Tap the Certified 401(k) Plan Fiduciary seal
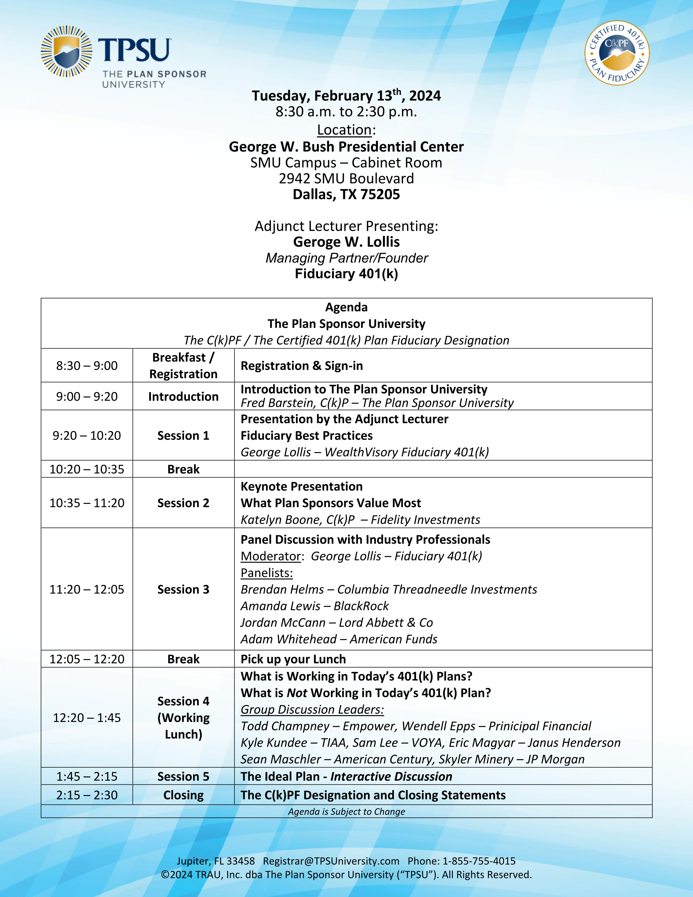pos(617,53)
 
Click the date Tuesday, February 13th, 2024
pos(346,96)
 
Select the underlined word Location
pos(344,130)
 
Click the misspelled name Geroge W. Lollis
pos(346,242)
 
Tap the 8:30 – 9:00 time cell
pos(87,366)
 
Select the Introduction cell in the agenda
pos(183,396)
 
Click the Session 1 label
pos(183,435)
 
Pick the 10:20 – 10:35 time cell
pos(87,469)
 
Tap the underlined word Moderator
pos(271,556)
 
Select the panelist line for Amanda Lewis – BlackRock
pos(314,606)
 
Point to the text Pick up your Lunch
pos(293,659)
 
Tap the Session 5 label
pos(183,777)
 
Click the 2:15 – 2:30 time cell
pos(87,795)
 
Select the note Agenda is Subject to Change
pos(346,812)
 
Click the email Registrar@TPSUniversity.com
pos(331,861)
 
